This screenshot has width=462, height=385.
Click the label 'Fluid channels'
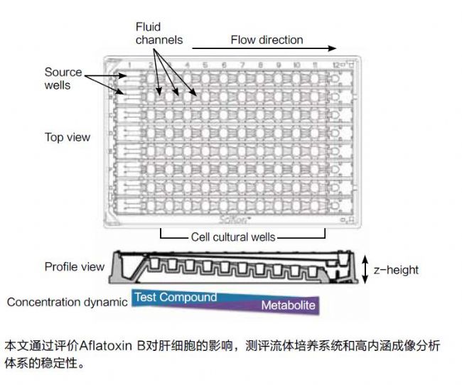click(x=159, y=33)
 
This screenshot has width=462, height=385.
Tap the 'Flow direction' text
click(x=267, y=40)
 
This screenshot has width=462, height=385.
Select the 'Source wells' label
click(x=63, y=78)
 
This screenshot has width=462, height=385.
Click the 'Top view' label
click(x=68, y=137)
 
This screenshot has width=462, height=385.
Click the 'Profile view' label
click(x=74, y=267)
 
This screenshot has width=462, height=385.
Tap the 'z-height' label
click(x=396, y=270)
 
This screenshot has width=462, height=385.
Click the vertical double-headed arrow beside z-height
click(x=365, y=269)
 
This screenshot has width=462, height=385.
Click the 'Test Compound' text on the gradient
click(x=176, y=297)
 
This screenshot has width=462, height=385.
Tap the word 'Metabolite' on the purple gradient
click(x=288, y=306)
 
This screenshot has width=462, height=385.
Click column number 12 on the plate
click(x=334, y=65)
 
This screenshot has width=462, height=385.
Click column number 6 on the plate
click(x=224, y=65)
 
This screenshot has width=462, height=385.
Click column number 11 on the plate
click(x=315, y=65)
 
